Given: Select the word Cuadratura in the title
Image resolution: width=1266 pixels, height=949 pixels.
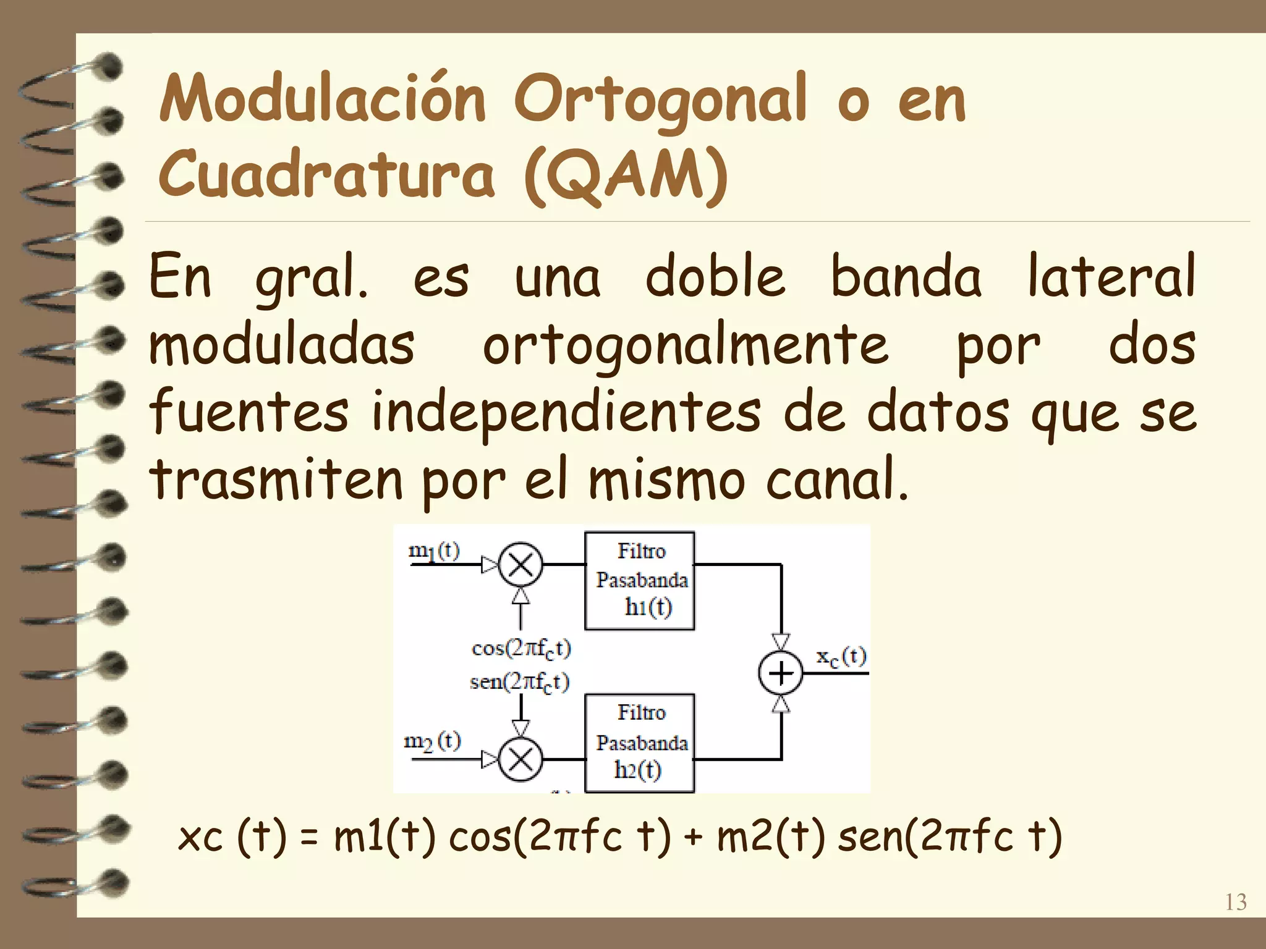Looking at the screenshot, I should [326, 174].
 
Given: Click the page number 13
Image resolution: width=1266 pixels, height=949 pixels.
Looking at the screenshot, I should [1235, 902].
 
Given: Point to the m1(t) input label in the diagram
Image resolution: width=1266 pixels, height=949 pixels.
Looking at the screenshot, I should [434, 550].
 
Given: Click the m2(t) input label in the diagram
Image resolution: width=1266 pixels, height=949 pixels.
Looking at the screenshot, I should [432, 740].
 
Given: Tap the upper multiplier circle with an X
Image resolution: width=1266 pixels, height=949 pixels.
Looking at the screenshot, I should [520, 565].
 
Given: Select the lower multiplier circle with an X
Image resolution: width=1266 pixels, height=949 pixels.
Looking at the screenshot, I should [520, 759].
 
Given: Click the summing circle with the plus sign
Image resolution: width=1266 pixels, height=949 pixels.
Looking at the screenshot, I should [781, 673].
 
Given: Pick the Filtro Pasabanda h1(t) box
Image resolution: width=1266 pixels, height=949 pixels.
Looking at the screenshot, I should [640, 580].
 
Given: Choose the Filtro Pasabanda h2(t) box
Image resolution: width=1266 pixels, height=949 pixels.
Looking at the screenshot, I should [640, 743].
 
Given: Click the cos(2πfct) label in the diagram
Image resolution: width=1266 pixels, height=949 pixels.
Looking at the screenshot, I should [520, 648].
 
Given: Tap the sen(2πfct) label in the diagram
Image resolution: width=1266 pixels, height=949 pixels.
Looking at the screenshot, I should [519, 682].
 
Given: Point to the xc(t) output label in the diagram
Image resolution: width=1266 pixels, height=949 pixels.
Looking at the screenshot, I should [841, 656].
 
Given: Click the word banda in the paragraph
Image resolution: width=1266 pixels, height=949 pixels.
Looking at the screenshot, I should [905, 277].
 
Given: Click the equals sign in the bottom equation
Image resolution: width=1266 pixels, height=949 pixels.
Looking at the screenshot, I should [310, 838].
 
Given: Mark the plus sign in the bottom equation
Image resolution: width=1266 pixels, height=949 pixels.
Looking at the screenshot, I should [694, 838].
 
